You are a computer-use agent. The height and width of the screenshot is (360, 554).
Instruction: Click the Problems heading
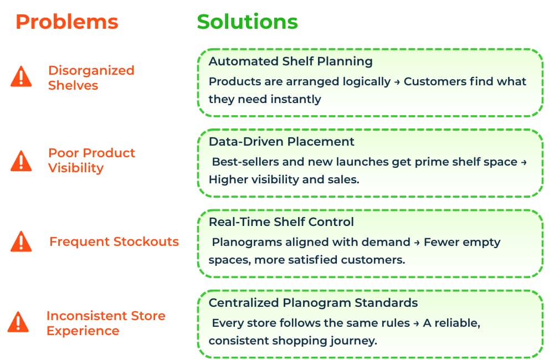point(66,22)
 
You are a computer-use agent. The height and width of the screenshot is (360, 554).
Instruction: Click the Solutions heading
point(247,22)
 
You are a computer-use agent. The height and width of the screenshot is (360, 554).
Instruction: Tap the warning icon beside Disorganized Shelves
point(21,77)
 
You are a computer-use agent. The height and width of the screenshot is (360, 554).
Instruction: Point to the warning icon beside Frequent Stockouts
point(21,241)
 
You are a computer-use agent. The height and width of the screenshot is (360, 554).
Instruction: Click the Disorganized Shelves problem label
point(91,78)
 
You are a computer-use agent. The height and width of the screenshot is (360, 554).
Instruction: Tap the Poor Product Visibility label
point(91,160)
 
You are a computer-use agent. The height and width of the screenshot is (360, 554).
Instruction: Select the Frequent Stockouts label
point(114,241)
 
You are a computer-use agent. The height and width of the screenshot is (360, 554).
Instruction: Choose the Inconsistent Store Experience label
point(105,323)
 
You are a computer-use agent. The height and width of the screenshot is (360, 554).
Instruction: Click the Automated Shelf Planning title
point(290,61)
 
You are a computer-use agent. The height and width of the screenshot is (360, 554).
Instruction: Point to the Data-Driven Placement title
point(281,141)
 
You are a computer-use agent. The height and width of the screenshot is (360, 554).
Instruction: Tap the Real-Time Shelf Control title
point(281,222)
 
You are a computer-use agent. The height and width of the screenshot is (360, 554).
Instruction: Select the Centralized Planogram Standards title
point(313,303)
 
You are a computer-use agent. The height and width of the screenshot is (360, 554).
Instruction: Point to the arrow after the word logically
point(397,82)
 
